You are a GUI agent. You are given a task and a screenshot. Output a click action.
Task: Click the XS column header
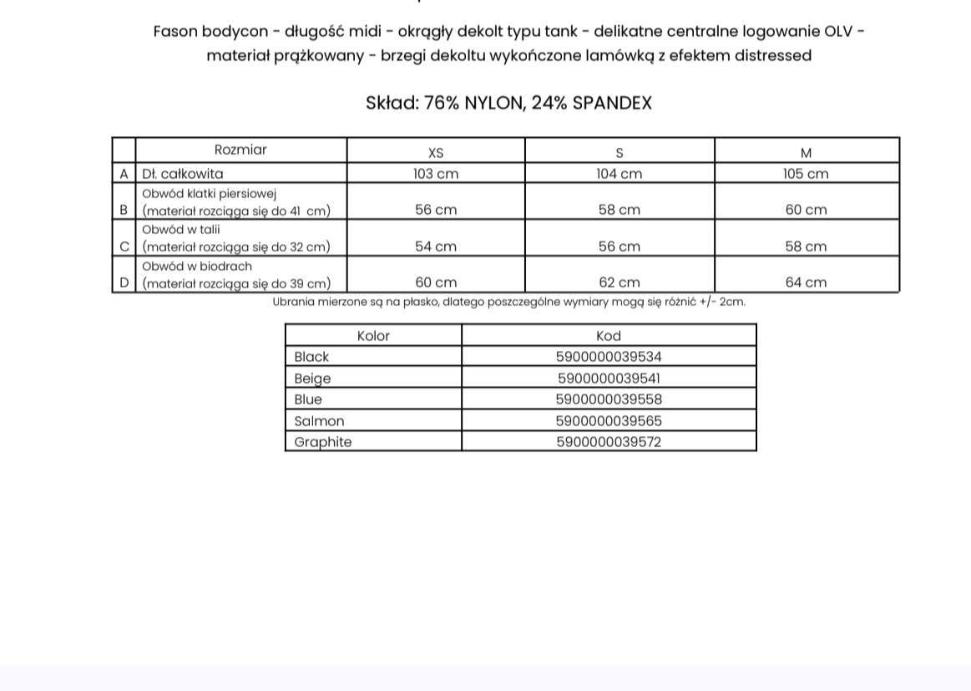(436, 153)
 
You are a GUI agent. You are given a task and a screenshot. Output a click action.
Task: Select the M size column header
(806, 153)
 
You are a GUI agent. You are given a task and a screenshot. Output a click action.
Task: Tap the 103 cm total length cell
(436, 174)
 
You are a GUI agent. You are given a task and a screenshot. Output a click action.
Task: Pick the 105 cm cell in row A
(806, 174)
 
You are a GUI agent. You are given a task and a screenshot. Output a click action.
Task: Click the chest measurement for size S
(619, 210)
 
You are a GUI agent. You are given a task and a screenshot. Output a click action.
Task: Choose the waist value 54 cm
(436, 246)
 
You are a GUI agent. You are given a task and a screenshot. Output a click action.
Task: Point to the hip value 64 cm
(806, 282)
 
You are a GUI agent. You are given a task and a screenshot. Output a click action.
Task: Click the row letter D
(124, 282)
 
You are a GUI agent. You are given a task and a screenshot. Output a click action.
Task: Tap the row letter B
(124, 210)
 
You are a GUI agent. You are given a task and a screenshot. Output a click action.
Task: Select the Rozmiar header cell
(240, 150)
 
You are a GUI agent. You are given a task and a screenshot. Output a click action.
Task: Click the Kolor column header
(373, 336)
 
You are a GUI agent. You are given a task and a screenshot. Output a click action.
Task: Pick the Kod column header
(609, 336)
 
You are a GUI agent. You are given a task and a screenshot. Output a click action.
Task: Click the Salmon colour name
(319, 421)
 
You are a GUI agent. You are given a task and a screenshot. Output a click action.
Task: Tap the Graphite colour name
(323, 442)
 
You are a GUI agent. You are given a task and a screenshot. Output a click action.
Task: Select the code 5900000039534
(609, 357)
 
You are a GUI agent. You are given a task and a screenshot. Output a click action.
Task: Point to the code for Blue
(609, 399)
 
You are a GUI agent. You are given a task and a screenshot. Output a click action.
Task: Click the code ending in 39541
(609, 379)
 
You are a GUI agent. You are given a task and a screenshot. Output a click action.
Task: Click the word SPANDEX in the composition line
(612, 103)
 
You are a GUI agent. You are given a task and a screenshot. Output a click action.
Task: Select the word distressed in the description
(772, 56)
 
